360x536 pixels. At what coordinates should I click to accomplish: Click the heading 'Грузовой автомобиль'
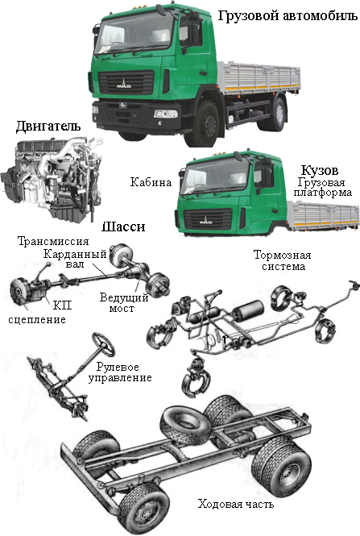pyautogui.click(x=288, y=16)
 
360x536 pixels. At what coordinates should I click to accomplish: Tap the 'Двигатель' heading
pyautogui.click(x=48, y=126)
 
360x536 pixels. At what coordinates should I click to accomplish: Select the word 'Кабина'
pyautogui.click(x=151, y=182)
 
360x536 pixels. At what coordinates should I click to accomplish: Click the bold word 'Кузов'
pyautogui.click(x=320, y=170)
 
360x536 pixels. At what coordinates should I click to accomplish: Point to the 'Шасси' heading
pyautogui.click(x=123, y=227)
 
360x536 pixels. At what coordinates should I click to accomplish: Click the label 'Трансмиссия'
pyautogui.click(x=53, y=241)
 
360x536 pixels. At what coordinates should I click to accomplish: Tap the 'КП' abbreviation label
pyautogui.click(x=63, y=305)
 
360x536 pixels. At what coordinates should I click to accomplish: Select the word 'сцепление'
pyautogui.click(x=37, y=320)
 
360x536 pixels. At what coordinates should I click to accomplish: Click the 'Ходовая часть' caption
pyautogui.click(x=236, y=504)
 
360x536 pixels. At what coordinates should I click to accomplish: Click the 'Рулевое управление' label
pyautogui.click(x=120, y=372)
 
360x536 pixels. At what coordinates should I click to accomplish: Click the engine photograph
pyautogui.click(x=52, y=178)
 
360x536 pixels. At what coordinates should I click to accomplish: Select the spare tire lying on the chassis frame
pyautogui.click(x=186, y=424)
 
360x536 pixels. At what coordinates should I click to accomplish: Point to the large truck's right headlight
pyautogui.click(x=166, y=114)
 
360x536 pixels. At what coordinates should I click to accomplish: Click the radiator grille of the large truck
pyautogui.click(x=126, y=83)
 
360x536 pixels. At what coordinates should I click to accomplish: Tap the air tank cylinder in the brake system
pyautogui.click(x=248, y=310)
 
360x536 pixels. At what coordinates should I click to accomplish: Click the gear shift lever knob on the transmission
pyautogui.click(x=49, y=264)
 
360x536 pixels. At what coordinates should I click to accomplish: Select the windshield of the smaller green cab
pyautogui.click(x=215, y=176)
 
